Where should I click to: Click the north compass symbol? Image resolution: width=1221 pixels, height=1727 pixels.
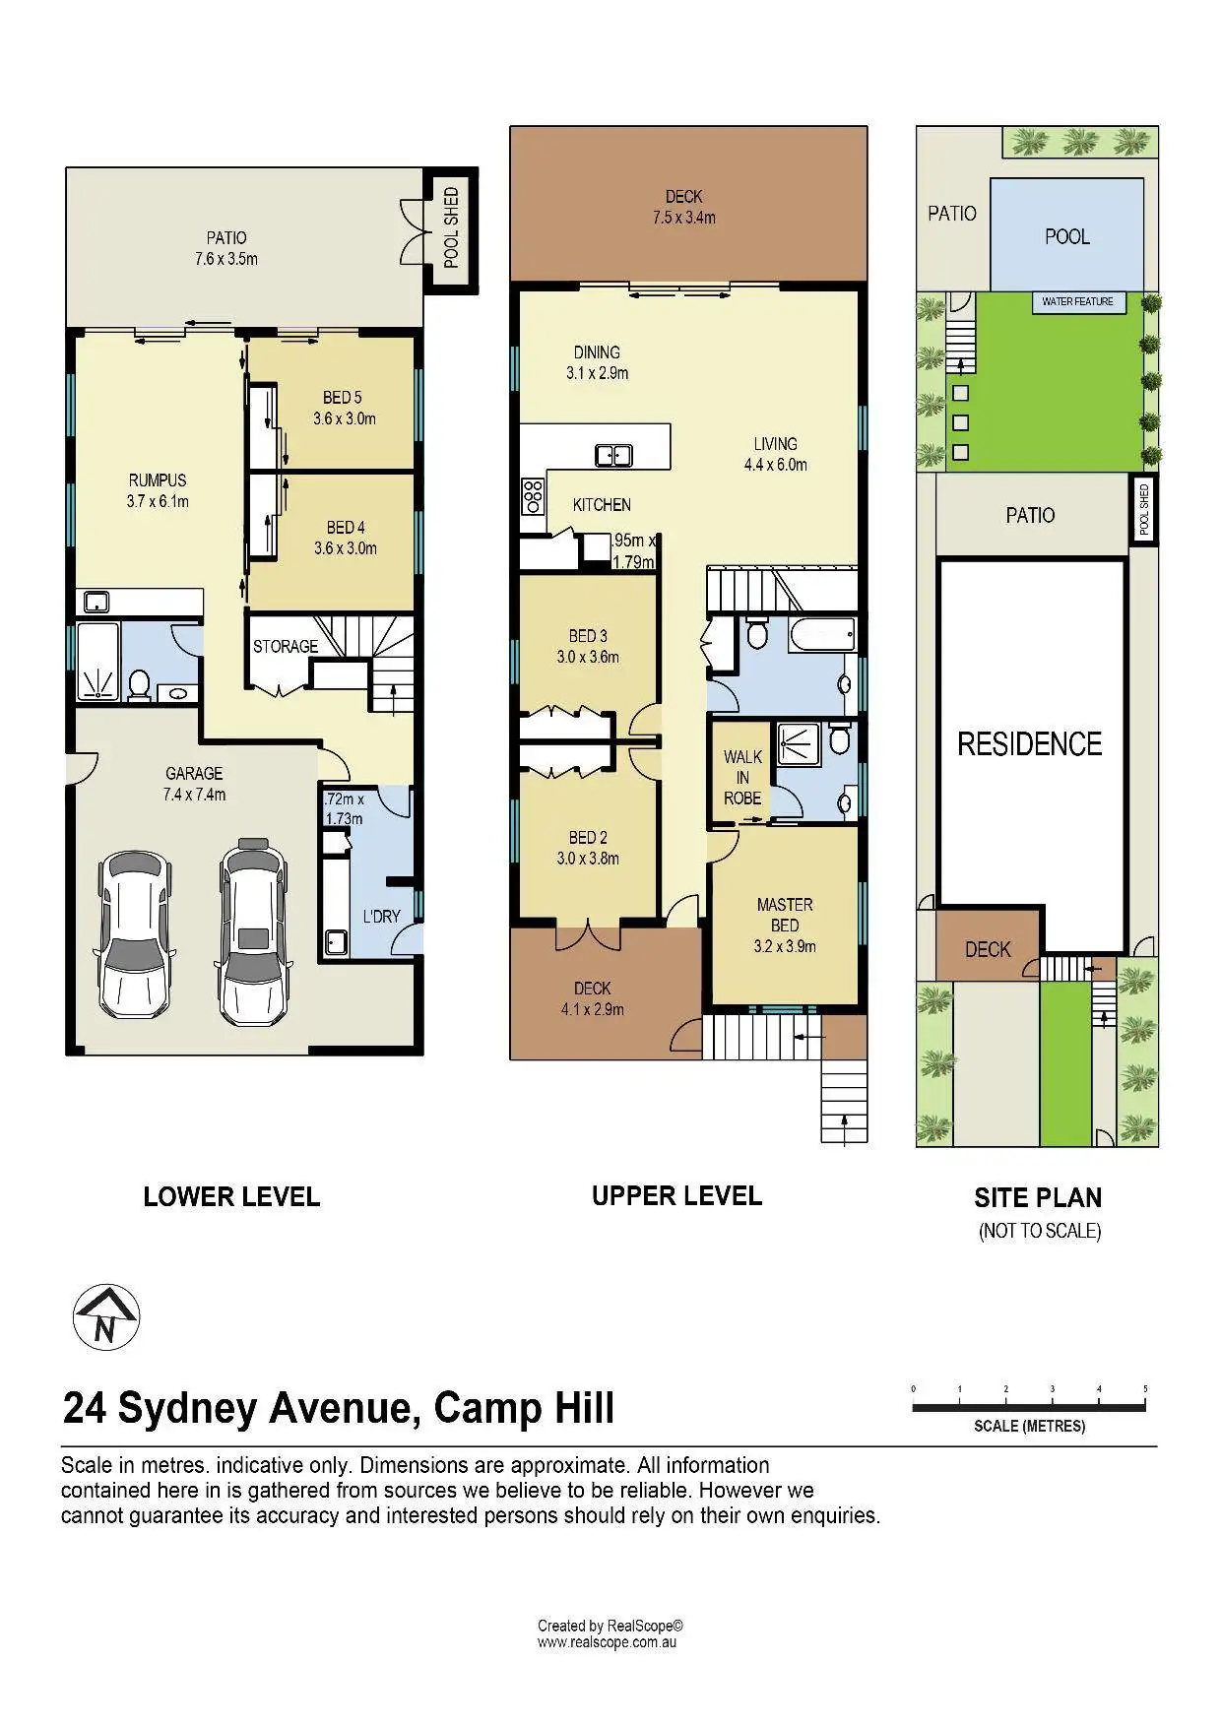[x=106, y=1317]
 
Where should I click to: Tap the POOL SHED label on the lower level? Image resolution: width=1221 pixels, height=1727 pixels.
[x=452, y=227]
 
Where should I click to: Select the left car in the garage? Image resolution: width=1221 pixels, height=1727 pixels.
[x=136, y=935]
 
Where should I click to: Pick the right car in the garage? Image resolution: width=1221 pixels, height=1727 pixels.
[x=254, y=930]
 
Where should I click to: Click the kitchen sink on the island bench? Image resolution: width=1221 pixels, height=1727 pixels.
[x=613, y=455]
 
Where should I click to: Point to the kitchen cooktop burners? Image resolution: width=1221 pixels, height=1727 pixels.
[x=533, y=495]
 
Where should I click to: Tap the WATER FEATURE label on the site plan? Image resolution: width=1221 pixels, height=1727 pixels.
[x=1077, y=301]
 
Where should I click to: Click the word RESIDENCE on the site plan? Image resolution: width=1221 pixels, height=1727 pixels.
[x=1029, y=744]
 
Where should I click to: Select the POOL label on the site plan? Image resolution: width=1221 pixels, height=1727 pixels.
[x=1067, y=236]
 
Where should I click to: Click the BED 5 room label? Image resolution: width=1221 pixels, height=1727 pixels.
[x=343, y=398]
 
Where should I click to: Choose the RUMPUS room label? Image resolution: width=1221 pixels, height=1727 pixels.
[x=158, y=480]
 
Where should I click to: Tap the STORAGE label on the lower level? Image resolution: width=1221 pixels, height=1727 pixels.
[x=286, y=647]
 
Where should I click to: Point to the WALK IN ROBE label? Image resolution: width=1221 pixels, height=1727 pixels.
[x=742, y=778]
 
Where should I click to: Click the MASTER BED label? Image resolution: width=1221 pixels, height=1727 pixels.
[x=785, y=915]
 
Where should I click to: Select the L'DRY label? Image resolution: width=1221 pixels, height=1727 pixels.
[x=382, y=917]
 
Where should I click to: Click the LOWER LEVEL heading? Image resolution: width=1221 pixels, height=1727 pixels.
[x=231, y=1197]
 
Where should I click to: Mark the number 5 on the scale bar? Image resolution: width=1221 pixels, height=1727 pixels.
[x=1145, y=1388]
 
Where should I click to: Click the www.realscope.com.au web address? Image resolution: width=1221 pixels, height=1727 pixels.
[x=607, y=1642]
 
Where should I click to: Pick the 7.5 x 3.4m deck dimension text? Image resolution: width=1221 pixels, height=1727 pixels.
[x=684, y=218]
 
